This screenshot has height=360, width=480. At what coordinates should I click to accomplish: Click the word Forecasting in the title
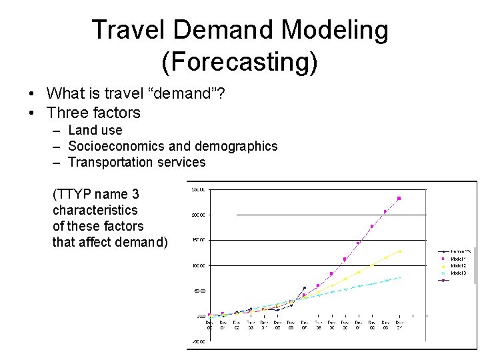point(239,62)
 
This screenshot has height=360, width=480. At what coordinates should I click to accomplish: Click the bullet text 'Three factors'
point(93,113)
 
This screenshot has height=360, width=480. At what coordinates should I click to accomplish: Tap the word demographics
point(237,146)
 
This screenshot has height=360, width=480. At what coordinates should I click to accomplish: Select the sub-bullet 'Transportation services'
point(137,162)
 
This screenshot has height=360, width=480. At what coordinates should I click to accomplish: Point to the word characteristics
point(95,210)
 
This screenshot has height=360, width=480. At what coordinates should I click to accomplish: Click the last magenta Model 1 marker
point(399,198)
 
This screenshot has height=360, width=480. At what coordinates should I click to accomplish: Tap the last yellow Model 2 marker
point(399,251)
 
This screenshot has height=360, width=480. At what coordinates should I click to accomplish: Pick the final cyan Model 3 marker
point(399,277)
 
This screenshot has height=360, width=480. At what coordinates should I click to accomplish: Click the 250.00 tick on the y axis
point(199,189)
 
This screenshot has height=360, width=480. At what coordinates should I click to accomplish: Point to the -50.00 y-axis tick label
point(199,341)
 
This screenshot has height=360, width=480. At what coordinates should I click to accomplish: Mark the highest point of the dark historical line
point(305,288)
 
